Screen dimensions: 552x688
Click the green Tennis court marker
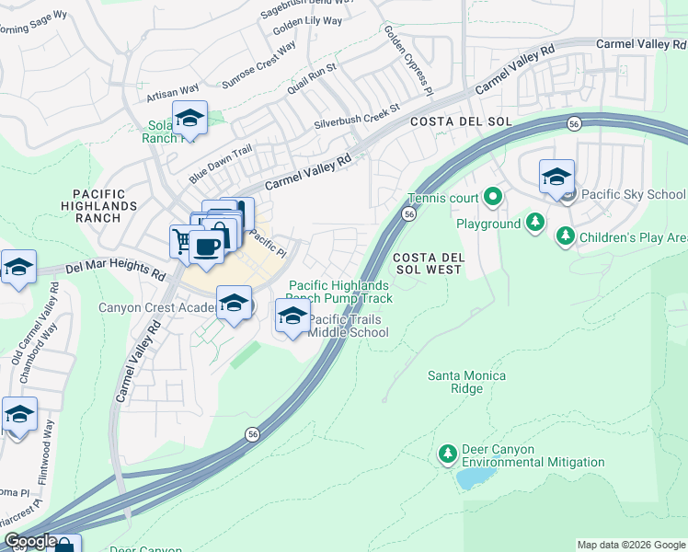[x=493, y=197]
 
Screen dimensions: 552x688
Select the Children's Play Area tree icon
[x=565, y=237]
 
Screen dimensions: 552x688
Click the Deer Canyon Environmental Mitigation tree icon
[x=448, y=454]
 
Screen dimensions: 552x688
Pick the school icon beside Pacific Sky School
[x=556, y=178]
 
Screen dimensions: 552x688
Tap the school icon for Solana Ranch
[x=189, y=119]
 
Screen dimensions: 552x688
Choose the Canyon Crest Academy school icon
[x=235, y=304]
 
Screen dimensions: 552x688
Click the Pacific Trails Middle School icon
[x=292, y=317]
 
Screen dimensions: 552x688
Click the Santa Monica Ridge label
[x=466, y=382]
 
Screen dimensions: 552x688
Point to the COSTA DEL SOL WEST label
[x=428, y=263]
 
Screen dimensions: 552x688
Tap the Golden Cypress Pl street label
[x=408, y=61]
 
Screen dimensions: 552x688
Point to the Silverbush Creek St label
[x=357, y=115]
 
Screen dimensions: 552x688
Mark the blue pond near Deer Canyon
[x=475, y=478]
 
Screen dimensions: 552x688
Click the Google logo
[x=30, y=542]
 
